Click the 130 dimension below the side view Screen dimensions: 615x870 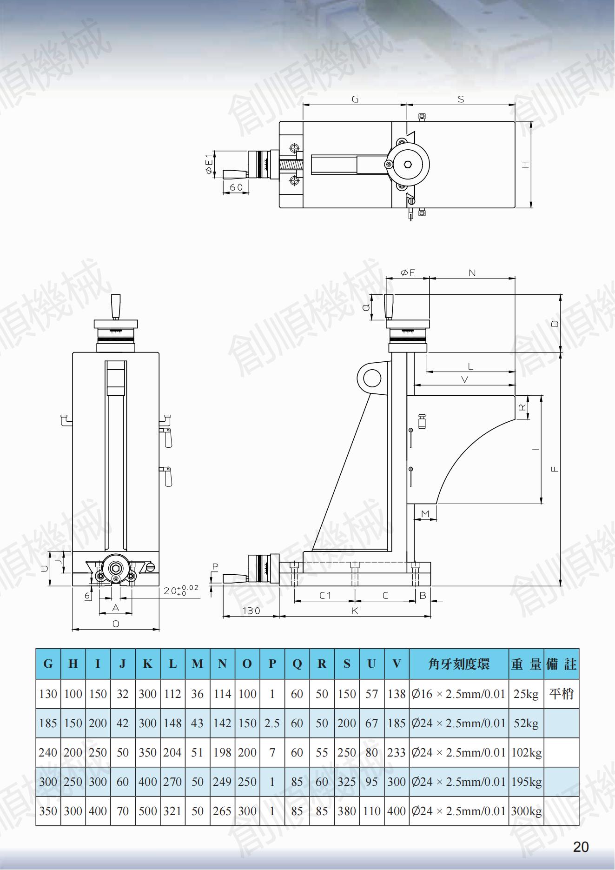251,611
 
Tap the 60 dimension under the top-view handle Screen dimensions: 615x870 236,187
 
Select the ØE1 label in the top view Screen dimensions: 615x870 209,164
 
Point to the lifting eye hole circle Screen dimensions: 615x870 372,378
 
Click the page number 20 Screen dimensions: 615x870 581,847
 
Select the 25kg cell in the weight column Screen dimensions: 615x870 526,694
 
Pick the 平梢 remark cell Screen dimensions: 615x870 561,694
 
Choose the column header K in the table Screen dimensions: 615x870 147,664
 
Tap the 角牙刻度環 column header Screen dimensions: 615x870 458,664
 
